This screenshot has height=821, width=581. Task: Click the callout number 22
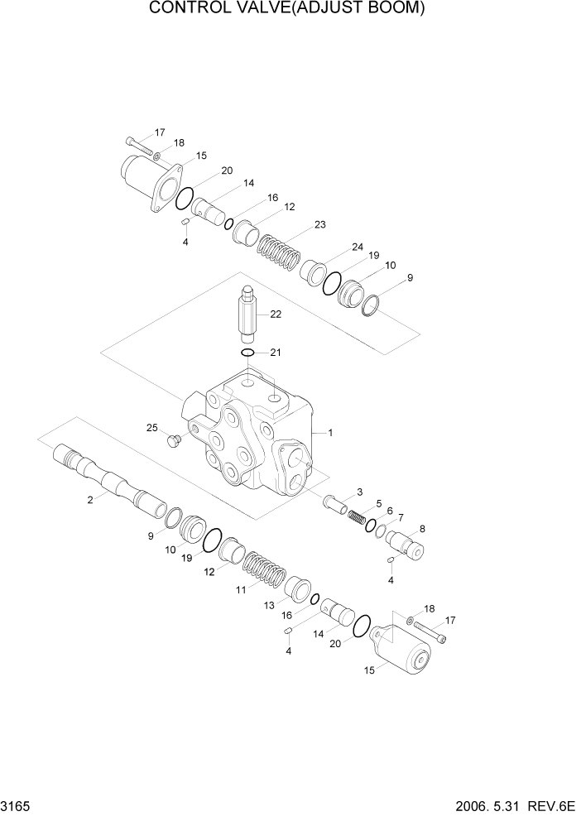[276, 314]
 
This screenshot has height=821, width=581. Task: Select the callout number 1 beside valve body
[330, 432]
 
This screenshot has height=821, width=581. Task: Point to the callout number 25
[151, 428]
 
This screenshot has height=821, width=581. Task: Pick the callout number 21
[276, 353]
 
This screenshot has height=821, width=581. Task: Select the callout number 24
[357, 247]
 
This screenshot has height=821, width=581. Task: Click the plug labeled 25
[174, 439]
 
